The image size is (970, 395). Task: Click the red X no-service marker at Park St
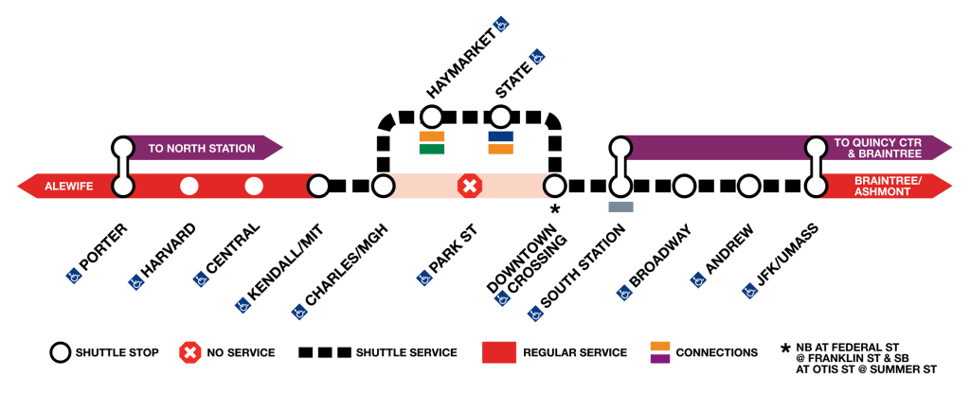pos(469,186)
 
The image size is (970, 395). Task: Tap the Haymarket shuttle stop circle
pos(431,117)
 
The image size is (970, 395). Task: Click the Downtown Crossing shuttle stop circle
pos(554,186)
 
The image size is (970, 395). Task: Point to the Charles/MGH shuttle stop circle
pos(383,186)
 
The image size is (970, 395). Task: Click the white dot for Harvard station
pos(189,186)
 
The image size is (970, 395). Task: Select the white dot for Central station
pos(253,186)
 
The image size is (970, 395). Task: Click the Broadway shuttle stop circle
pos(684,186)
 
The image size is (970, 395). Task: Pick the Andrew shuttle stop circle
pos(748,186)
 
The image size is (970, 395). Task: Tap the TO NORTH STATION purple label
pos(201,149)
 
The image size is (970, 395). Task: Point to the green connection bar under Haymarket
pos(432,149)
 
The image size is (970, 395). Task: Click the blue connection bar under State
pos(500,136)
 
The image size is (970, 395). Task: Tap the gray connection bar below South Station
pos(620,206)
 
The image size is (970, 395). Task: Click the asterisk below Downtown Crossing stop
pos(555,208)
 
